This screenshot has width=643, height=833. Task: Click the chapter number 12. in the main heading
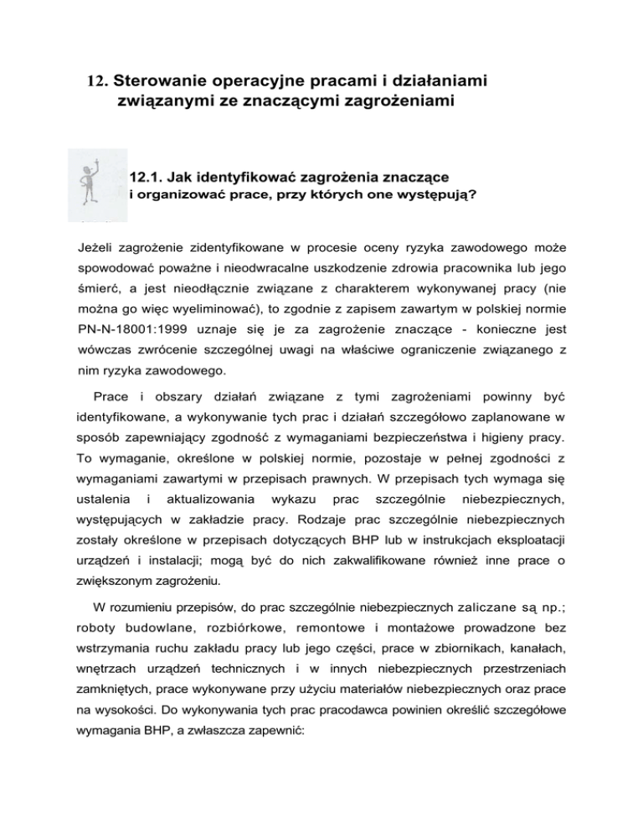[97, 83]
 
